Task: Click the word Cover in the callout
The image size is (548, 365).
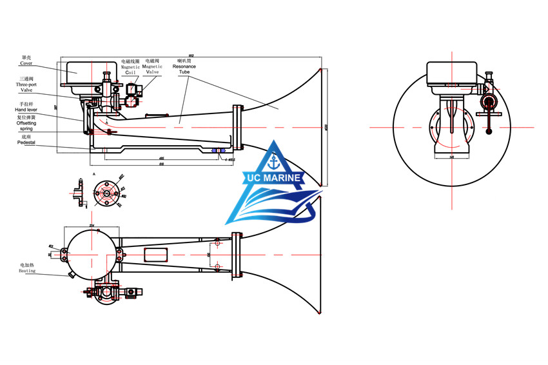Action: coord(26,64)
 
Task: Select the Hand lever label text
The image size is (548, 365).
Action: coord(28,110)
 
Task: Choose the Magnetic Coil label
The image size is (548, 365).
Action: coord(131,70)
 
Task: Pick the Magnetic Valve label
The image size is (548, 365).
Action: coord(153,68)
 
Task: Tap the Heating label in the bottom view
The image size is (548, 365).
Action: coord(27,271)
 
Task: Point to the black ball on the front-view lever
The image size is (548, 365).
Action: coord(489,132)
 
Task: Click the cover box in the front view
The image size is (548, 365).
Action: coord(452,72)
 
